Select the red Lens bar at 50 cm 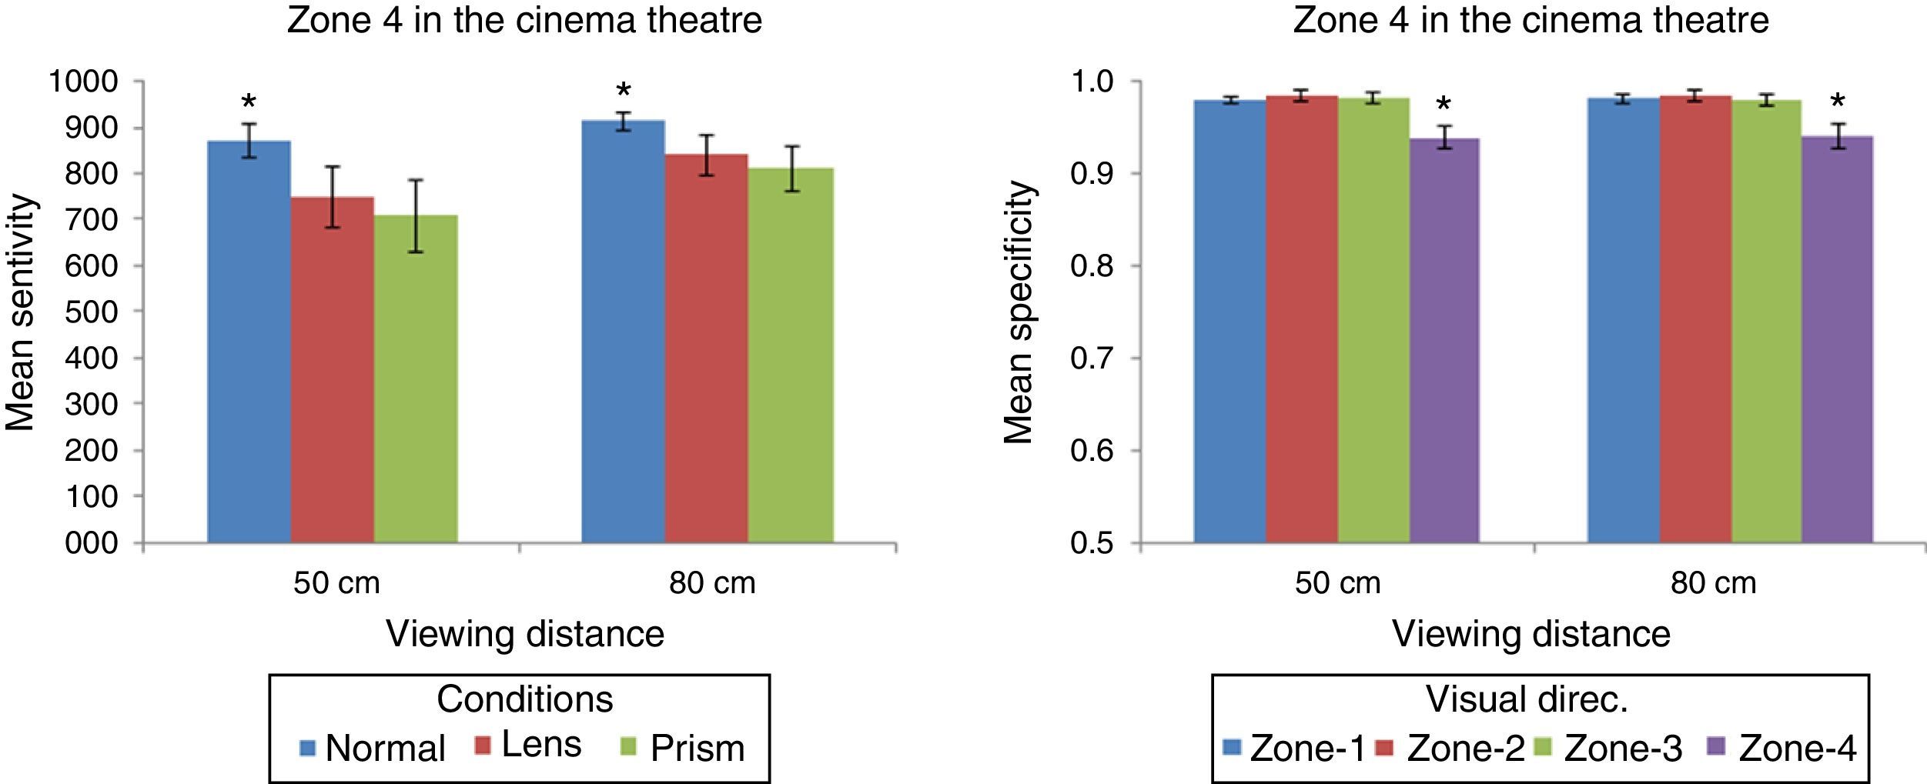333,370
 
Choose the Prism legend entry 682,747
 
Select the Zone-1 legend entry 1294,748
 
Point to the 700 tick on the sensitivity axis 91,219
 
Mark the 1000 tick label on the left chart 83,82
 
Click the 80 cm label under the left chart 711,583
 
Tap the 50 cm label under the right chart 1337,583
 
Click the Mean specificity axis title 1019,312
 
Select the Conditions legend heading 525,699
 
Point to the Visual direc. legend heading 1527,699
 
